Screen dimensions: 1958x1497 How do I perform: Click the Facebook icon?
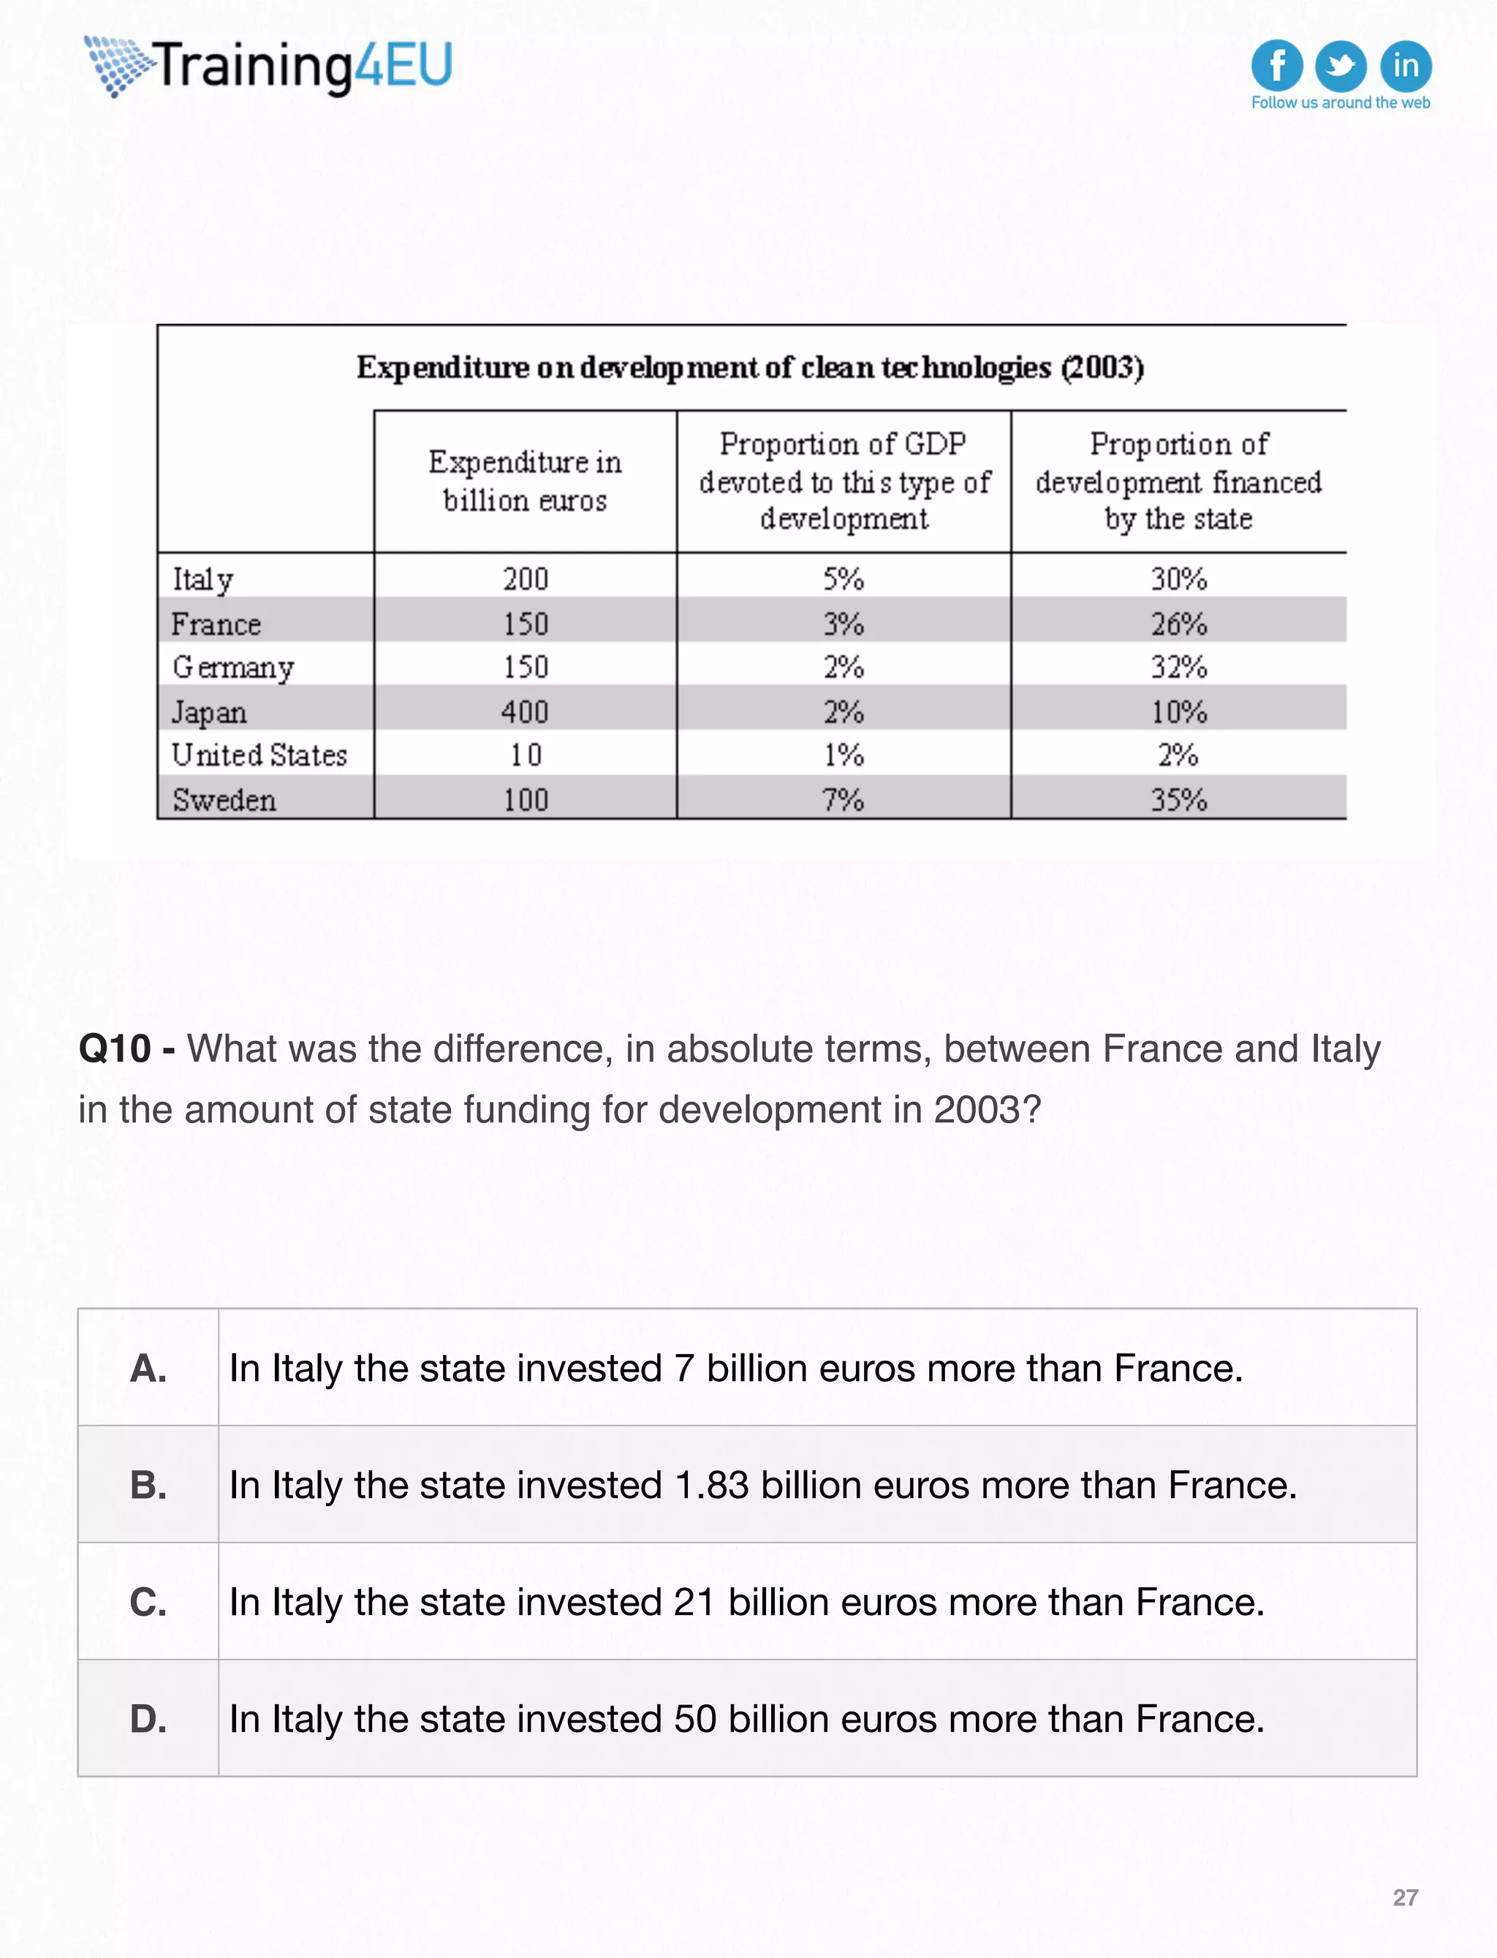coord(1276,65)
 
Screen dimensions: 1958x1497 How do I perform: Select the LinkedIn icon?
coord(1405,65)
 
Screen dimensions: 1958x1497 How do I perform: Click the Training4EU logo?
coord(268,67)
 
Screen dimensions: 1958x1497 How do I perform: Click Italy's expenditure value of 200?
coord(525,579)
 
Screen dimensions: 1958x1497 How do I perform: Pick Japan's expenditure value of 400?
coord(525,712)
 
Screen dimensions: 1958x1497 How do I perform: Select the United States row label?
coord(259,755)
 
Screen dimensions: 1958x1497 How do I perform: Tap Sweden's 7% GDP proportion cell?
coord(843,799)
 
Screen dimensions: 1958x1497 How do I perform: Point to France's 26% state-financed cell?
coord(1178,624)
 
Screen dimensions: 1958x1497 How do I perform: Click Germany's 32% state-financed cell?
coord(1178,667)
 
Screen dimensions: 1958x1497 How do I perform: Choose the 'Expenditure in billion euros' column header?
coord(525,481)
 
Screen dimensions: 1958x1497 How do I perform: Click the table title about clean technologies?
coord(750,367)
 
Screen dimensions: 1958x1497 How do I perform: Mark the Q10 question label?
coord(115,1049)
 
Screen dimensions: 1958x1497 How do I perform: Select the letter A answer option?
coord(148,1368)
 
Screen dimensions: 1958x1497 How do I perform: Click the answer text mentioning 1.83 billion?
coord(763,1485)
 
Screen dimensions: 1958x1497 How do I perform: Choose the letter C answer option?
coord(148,1601)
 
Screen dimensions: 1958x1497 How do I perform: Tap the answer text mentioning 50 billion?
coord(747,1718)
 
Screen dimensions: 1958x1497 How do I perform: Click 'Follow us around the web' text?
coord(1340,102)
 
